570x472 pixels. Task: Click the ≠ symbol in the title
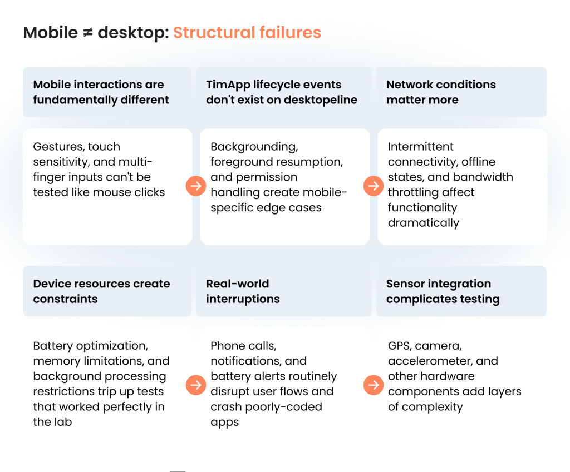tap(87, 33)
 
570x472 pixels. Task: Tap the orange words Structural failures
tap(247, 32)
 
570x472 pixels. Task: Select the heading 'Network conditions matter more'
tap(441, 92)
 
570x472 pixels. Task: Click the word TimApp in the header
tap(228, 85)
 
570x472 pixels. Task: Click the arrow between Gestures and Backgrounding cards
tap(196, 186)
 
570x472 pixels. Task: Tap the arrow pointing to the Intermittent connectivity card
tap(374, 186)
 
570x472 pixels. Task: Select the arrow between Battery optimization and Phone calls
tap(196, 385)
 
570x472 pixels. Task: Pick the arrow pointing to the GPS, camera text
tap(374, 385)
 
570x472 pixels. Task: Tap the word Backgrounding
tap(254, 147)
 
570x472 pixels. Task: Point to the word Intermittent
tap(420, 147)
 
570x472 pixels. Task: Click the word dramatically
tap(424, 223)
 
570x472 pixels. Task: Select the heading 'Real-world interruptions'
tap(243, 291)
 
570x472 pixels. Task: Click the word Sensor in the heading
tap(404, 284)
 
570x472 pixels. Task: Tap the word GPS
tap(399, 346)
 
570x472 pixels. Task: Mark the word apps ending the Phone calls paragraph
tap(224, 423)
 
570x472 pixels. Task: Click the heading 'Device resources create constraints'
tap(101, 291)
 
